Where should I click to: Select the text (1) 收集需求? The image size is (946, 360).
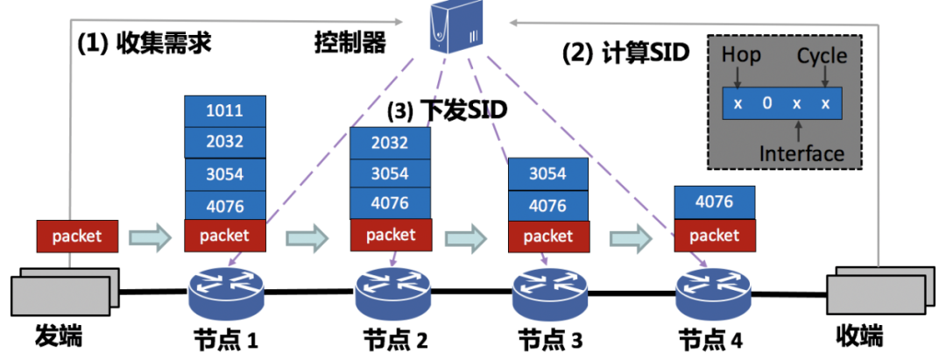pyautogui.click(x=144, y=42)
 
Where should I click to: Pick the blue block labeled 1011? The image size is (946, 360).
pyautogui.click(x=225, y=111)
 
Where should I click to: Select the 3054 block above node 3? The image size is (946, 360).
pyautogui.click(x=548, y=173)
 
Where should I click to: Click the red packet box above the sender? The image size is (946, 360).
pyautogui.click(x=77, y=236)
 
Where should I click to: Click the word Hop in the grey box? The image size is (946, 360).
pyautogui.click(x=741, y=56)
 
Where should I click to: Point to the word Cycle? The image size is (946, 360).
pyautogui.click(x=822, y=57)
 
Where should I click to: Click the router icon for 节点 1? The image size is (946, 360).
pyautogui.click(x=226, y=293)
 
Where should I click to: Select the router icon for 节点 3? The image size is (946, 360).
pyautogui.click(x=549, y=293)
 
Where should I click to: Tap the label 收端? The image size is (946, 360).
pyautogui.click(x=858, y=337)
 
